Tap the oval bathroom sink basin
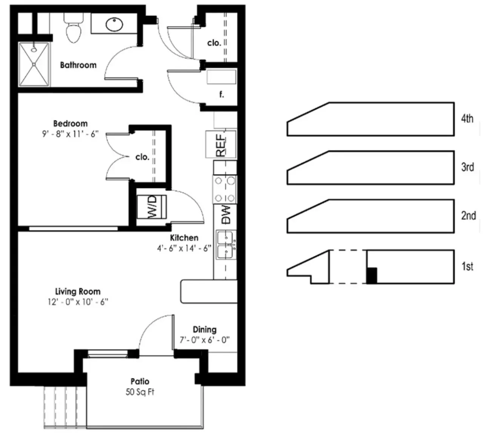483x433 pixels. pos(114,24)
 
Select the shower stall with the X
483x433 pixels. pos(34,64)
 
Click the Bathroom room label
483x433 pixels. pos(78,65)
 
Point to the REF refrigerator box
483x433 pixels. pos(221,144)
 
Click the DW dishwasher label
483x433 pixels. pos(226,215)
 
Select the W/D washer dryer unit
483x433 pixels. pos(152,206)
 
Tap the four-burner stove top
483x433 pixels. pos(225,190)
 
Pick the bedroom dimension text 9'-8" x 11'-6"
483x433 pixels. pos(70,134)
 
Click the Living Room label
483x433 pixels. pos(78,291)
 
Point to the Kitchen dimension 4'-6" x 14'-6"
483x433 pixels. pos(184,248)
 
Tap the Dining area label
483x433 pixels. pos(205,330)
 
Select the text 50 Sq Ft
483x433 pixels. pos(140,392)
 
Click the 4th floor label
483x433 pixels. pos(467,119)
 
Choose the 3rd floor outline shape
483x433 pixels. pos(371,168)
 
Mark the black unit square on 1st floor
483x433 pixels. pos(372,276)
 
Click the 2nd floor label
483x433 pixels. pos(468,216)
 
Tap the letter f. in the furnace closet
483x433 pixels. pos(222,94)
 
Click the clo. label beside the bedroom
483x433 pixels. pos(142,157)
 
